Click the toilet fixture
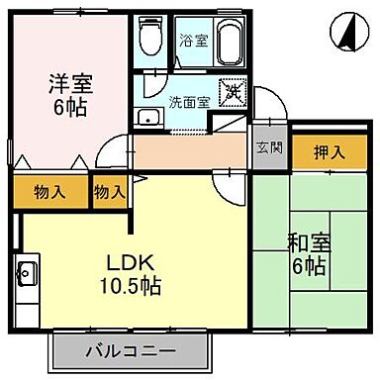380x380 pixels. (x=149, y=40)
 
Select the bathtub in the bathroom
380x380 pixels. (x=227, y=43)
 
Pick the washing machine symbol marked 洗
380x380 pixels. (x=233, y=93)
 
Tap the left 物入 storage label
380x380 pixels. (x=51, y=191)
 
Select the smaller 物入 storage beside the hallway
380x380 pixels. (x=109, y=191)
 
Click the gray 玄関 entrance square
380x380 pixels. (x=268, y=148)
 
